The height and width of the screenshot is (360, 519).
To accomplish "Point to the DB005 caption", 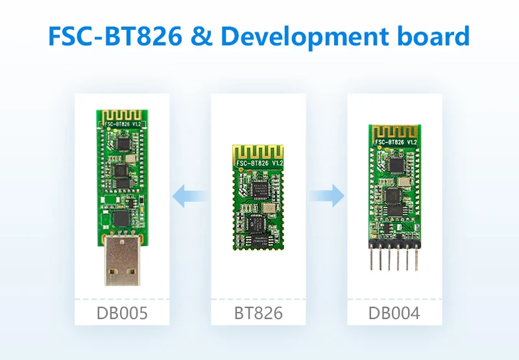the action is tap(122, 314).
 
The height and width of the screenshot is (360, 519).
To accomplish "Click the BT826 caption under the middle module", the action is tap(258, 314).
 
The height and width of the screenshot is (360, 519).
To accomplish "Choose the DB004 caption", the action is tap(394, 314).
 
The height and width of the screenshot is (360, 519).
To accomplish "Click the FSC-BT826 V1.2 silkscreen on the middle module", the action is tap(258, 163).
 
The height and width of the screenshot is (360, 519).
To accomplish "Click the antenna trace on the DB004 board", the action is tap(394, 132).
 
